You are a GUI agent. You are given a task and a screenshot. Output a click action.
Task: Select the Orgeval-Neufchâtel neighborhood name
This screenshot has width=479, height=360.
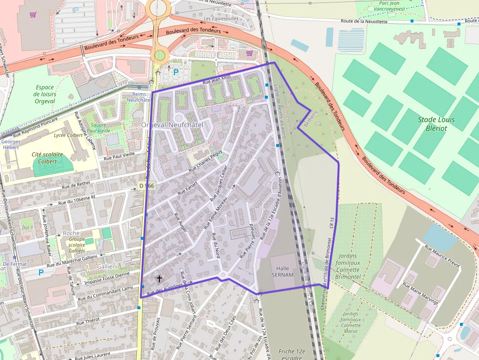point(172,125)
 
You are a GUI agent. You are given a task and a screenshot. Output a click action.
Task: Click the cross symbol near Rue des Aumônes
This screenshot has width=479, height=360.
point(159,279)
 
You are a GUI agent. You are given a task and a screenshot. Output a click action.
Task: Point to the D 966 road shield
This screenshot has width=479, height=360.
point(147,186)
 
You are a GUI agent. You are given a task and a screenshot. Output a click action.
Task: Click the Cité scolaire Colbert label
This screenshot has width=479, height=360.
point(47,158)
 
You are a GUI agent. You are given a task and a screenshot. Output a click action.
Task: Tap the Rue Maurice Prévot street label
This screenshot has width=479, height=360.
point(442,255)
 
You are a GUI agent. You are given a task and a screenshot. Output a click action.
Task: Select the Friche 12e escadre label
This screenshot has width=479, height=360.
point(292,354)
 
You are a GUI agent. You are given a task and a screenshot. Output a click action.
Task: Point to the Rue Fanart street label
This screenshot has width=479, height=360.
point(187,188)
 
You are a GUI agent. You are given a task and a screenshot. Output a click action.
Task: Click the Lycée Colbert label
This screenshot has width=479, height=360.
point(68,135)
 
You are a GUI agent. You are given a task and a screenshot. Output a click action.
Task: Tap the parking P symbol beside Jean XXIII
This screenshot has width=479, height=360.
point(175,72)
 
